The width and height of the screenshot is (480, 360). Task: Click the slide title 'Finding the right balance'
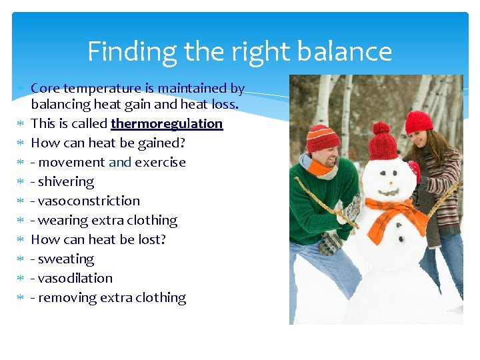pos(239,51)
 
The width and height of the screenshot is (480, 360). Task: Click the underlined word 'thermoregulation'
pos(167,124)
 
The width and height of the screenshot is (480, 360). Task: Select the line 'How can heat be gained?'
pos(108,143)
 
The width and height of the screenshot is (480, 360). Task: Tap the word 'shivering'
pos(67,181)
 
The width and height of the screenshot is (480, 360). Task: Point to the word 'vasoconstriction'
pos(89,201)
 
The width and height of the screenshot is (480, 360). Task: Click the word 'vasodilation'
pos(75,278)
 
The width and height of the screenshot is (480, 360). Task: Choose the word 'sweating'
pos(67,259)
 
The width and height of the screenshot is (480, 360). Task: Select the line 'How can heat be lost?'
pos(99,239)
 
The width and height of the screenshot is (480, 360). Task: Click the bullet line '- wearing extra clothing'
pos(104,220)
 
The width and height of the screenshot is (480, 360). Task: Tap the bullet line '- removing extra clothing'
pos(109,297)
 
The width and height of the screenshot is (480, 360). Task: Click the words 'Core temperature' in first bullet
pos(86,88)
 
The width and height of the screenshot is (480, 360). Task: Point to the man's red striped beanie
pos(323,139)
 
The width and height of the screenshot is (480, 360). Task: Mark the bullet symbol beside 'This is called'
pos(20,124)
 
